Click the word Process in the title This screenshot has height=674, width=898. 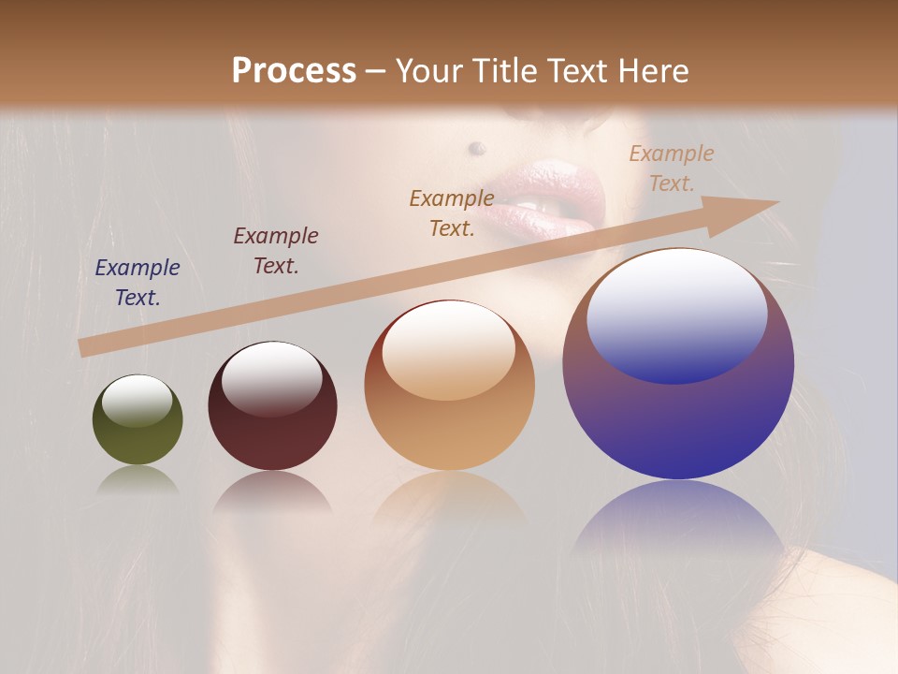[x=294, y=71]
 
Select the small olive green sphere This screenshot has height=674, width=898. [x=138, y=420]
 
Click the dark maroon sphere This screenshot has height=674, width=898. [x=272, y=408]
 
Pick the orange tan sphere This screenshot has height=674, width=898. [x=449, y=387]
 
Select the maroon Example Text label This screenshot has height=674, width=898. [x=276, y=251]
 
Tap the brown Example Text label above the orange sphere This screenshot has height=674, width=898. [x=452, y=212]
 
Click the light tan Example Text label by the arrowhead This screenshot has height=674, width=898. [x=672, y=168]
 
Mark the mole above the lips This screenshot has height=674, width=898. [x=477, y=147]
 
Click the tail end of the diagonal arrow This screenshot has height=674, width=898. [x=86, y=347]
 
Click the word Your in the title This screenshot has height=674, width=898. [x=427, y=71]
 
